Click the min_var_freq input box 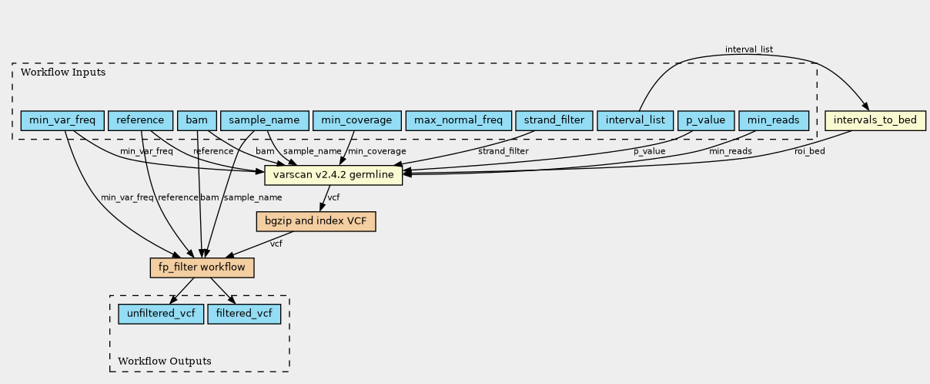click(x=62, y=120)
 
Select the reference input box click(x=140, y=120)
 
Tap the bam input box click(x=197, y=120)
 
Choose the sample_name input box click(x=265, y=120)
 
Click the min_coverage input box click(x=357, y=120)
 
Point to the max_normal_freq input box click(x=458, y=120)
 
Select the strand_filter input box click(x=554, y=120)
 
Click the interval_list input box click(x=635, y=120)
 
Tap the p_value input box click(x=706, y=120)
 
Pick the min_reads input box click(x=774, y=120)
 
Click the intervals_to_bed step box click(x=875, y=120)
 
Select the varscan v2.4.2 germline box click(x=333, y=175)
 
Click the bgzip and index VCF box click(x=316, y=221)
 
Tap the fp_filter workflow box click(x=202, y=268)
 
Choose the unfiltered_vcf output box click(x=161, y=314)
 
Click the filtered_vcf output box click(x=244, y=314)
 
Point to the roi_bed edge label click(x=810, y=151)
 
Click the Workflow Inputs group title click(x=63, y=72)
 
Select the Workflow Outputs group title click(x=165, y=361)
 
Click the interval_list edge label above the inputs click(x=749, y=49)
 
